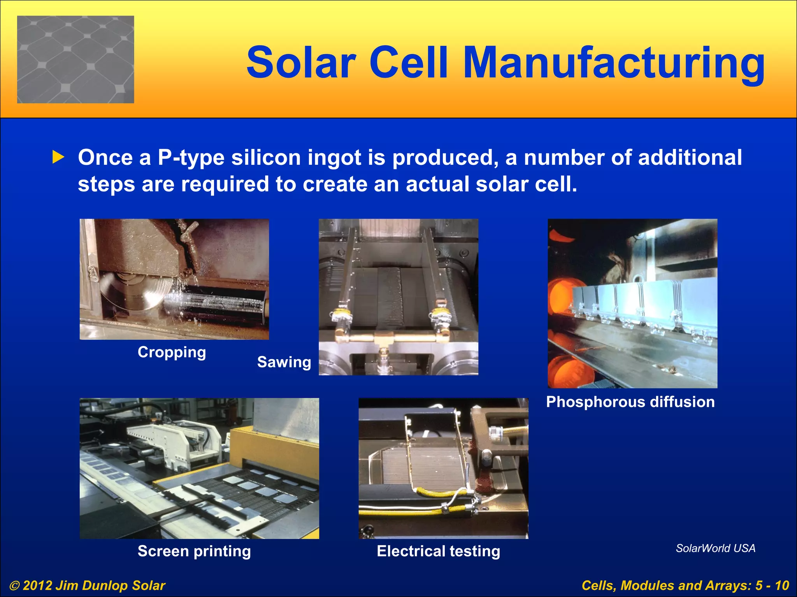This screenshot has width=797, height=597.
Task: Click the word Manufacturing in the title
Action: tap(614, 63)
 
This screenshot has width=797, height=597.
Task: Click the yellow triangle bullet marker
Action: tap(58, 157)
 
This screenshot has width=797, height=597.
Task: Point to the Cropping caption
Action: tap(172, 352)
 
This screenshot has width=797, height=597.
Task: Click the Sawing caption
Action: tap(284, 362)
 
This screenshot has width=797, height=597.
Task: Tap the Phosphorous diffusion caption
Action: tap(630, 402)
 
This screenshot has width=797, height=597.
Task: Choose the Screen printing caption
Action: tap(194, 551)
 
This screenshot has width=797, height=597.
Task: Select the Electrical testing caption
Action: tap(438, 551)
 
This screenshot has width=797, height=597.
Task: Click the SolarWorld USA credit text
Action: tap(715, 548)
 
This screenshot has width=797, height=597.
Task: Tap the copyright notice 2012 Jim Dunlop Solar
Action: tap(88, 585)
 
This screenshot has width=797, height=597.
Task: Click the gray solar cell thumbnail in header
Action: tap(75, 59)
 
